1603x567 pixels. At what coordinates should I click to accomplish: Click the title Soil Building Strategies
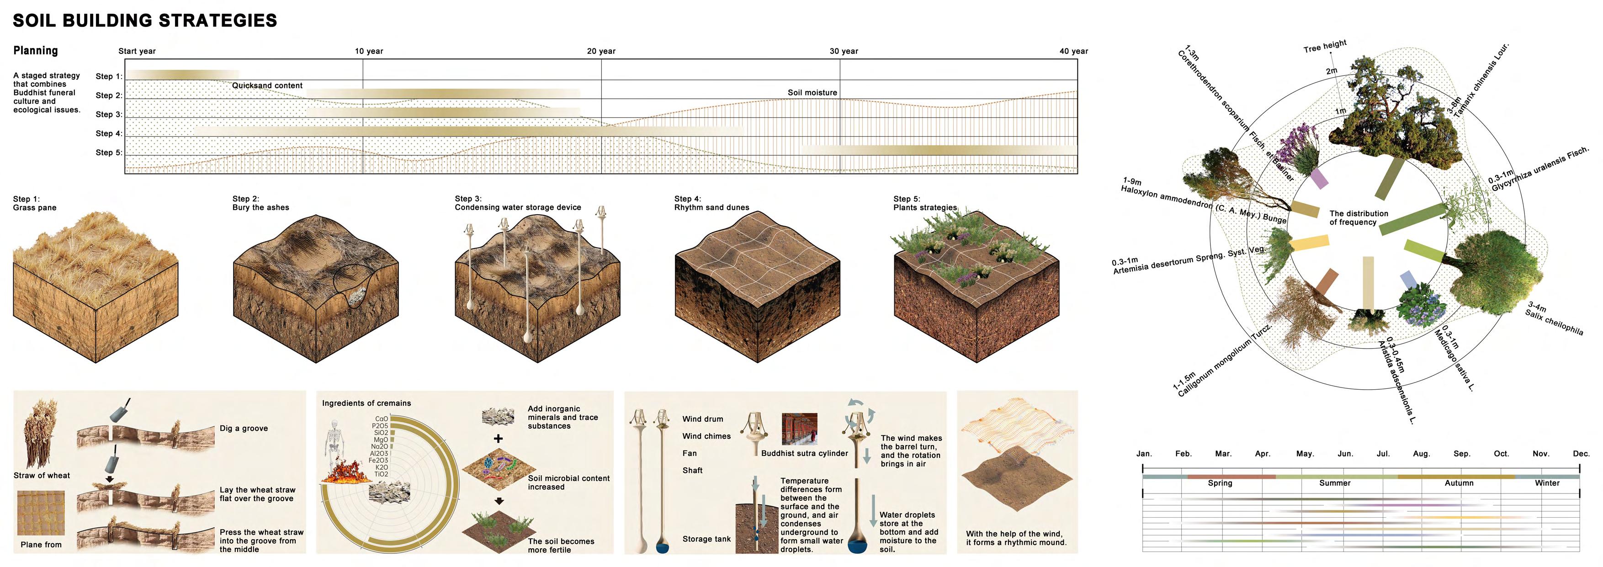pyautogui.click(x=144, y=21)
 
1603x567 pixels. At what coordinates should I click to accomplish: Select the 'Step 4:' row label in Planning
pyautogui.click(x=109, y=133)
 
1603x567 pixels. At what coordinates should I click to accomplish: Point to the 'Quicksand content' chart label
pyautogui.click(x=267, y=85)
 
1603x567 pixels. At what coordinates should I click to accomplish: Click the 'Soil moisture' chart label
pyautogui.click(x=812, y=93)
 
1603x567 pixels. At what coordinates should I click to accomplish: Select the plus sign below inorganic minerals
pyautogui.click(x=498, y=439)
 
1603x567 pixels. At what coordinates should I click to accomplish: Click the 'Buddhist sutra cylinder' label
pyautogui.click(x=804, y=453)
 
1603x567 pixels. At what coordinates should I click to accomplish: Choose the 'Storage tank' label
pyautogui.click(x=706, y=539)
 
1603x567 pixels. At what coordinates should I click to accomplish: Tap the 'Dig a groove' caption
pyautogui.click(x=243, y=428)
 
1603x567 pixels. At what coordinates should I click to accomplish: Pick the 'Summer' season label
pyautogui.click(x=1335, y=483)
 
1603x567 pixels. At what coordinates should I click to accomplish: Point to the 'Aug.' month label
pyautogui.click(x=1421, y=454)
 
